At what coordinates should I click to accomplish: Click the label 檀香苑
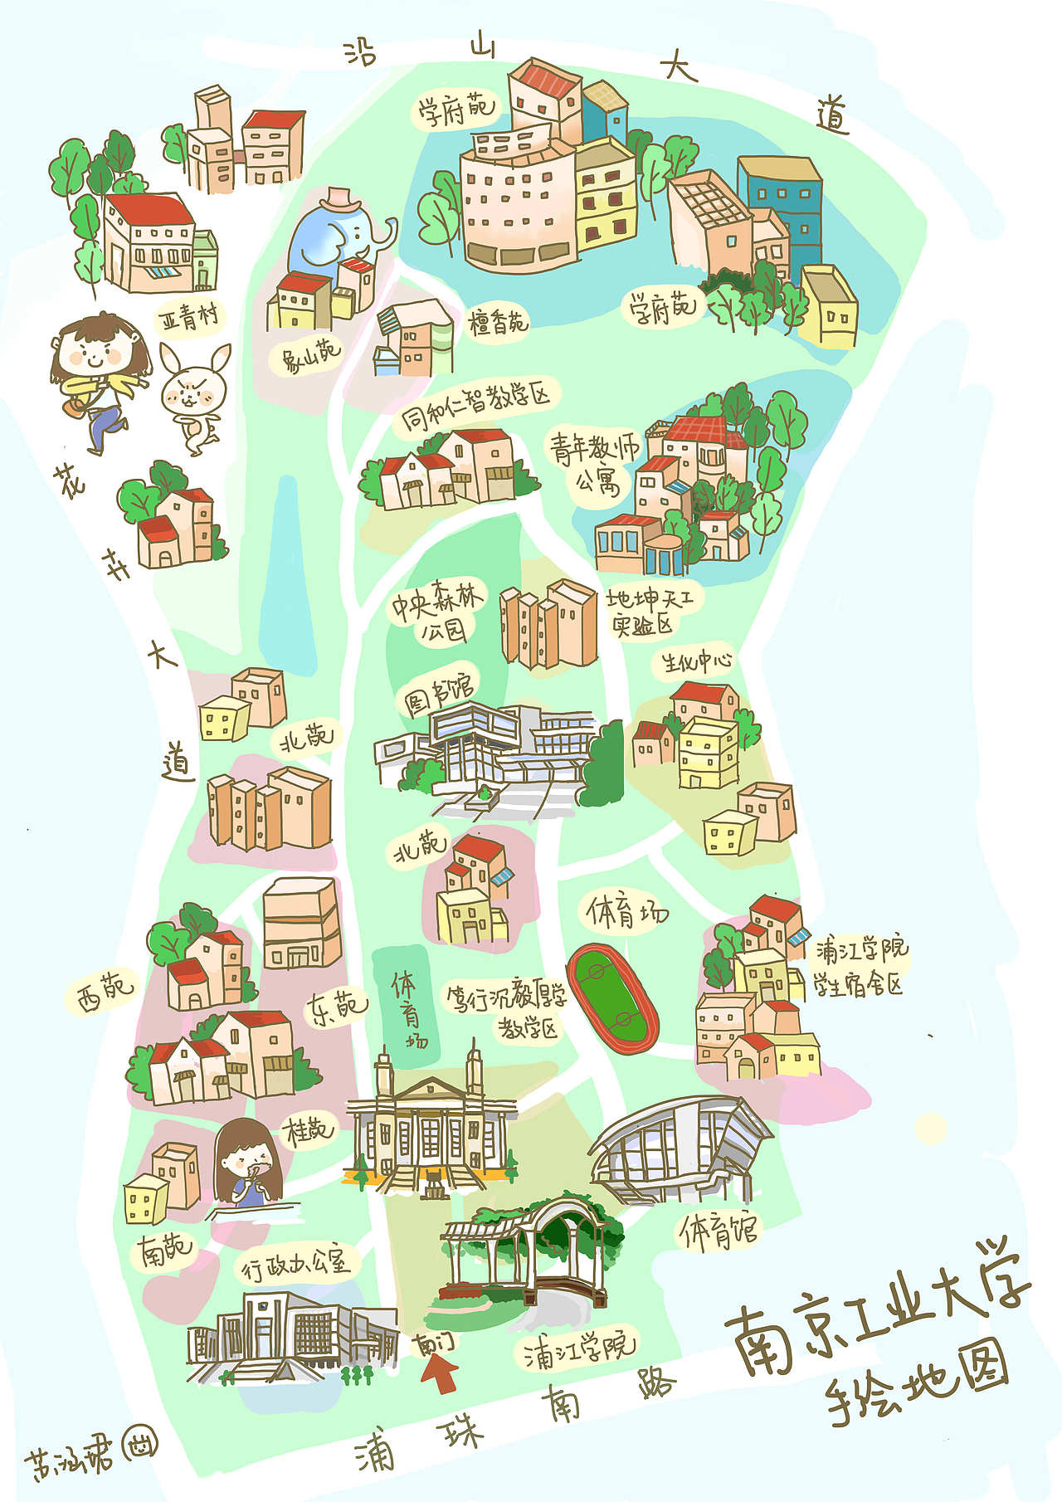click(498, 321)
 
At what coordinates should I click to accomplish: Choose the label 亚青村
click(190, 316)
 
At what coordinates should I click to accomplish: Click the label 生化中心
click(696, 661)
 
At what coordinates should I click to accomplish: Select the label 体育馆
click(718, 1231)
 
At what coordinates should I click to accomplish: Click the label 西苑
click(104, 992)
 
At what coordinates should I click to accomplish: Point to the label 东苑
click(336, 1008)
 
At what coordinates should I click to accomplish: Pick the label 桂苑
click(309, 1130)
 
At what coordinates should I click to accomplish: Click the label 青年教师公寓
click(594, 462)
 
